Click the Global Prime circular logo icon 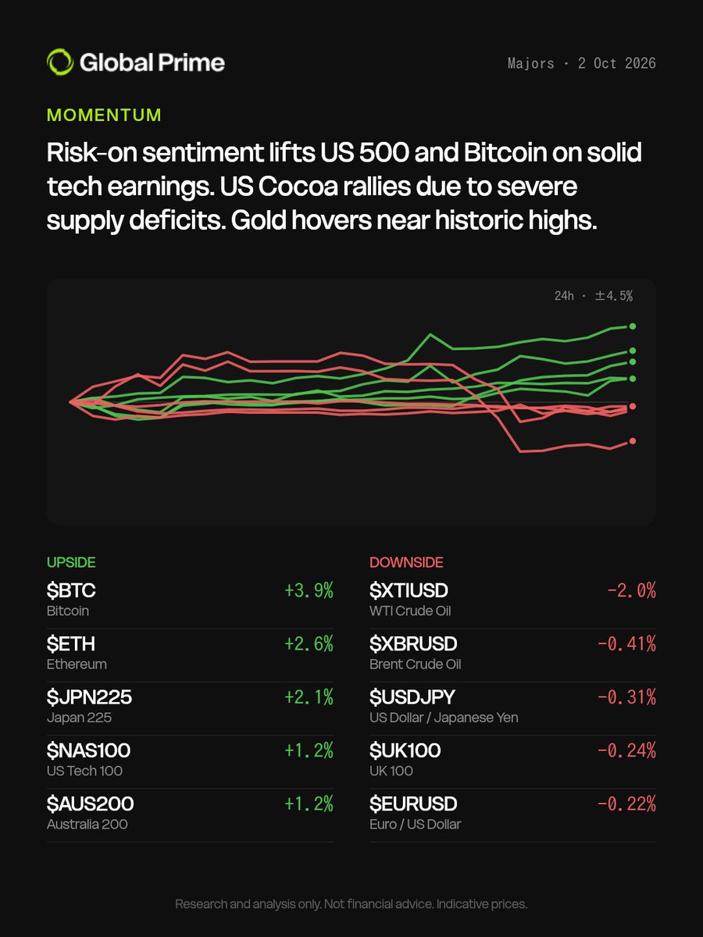click(60, 62)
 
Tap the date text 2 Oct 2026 click(617, 63)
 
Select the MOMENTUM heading click(104, 115)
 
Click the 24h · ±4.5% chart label click(594, 295)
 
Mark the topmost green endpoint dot click(633, 326)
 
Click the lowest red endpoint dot click(633, 440)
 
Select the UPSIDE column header click(71, 562)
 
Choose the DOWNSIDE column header click(406, 562)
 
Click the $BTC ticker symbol click(71, 590)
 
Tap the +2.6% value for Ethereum click(309, 643)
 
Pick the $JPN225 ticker click(89, 697)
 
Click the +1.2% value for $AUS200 click(309, 803)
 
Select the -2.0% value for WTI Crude click(631, 590)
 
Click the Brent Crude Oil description click(416, 664)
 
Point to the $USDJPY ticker click(412, 697)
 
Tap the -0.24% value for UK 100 click(626, 750)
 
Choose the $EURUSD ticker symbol click(413, 803)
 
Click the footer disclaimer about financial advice click(351, 903)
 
